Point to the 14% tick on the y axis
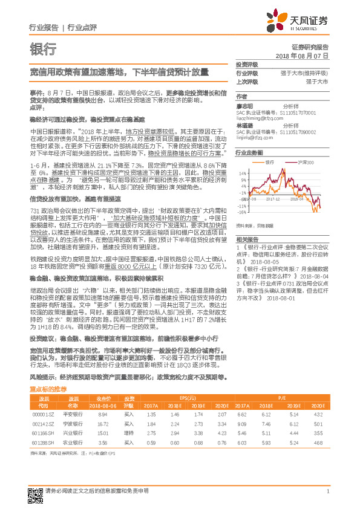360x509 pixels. click(242, 173)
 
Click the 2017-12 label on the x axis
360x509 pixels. click(279, 198)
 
